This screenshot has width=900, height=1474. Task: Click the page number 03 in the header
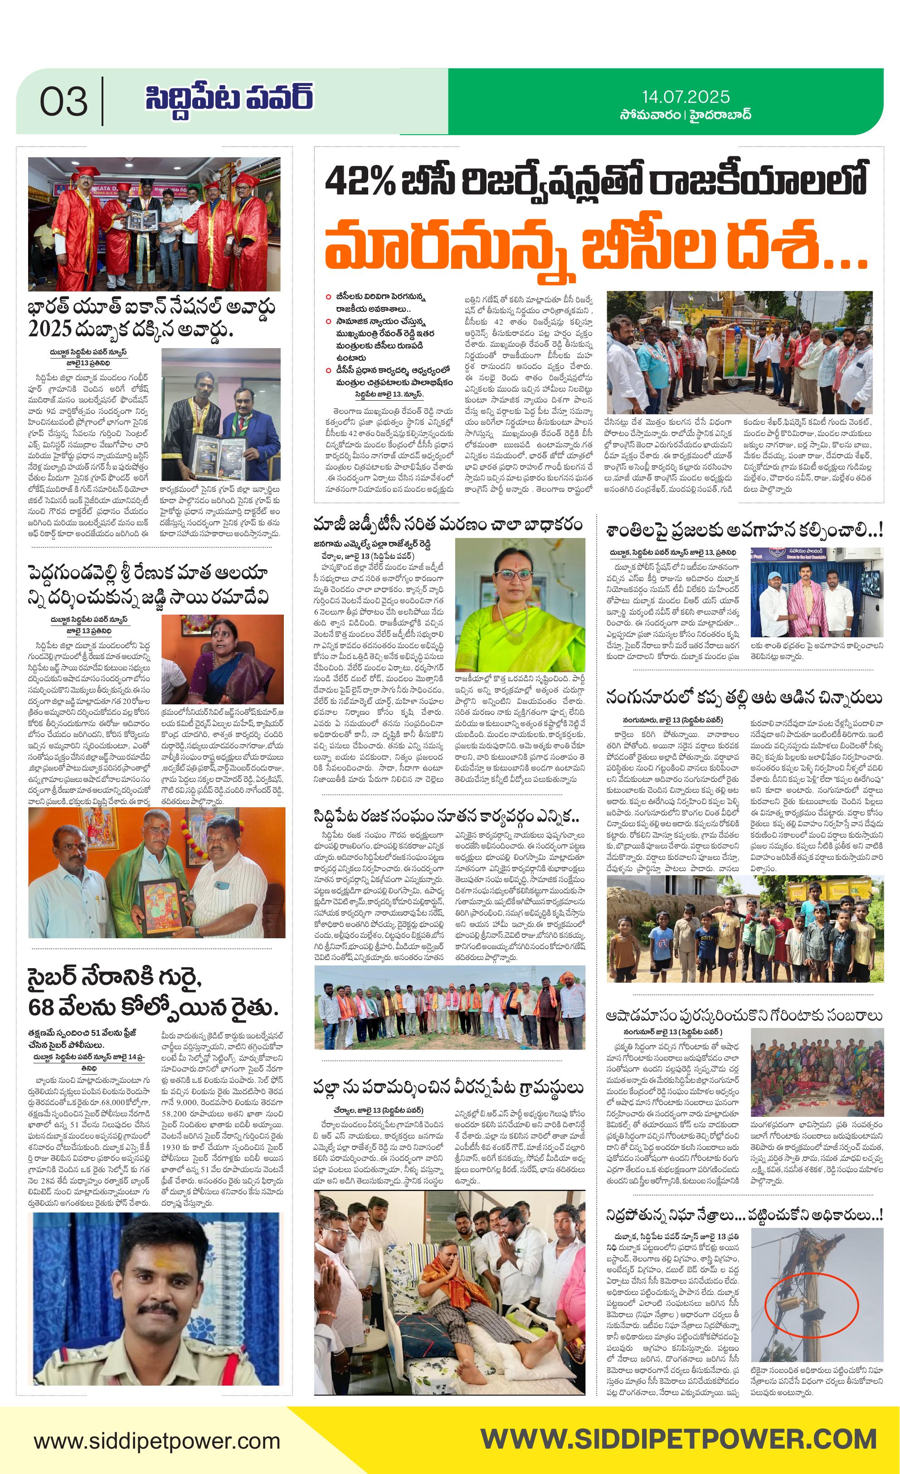click(63, 102)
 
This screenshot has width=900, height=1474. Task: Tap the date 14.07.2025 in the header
click(686, 97)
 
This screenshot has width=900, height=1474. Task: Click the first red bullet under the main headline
click(328, 297)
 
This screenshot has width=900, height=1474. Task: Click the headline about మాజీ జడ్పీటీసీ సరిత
click(448, 525)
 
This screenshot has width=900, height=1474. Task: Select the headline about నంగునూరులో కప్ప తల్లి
click(743, 697)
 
